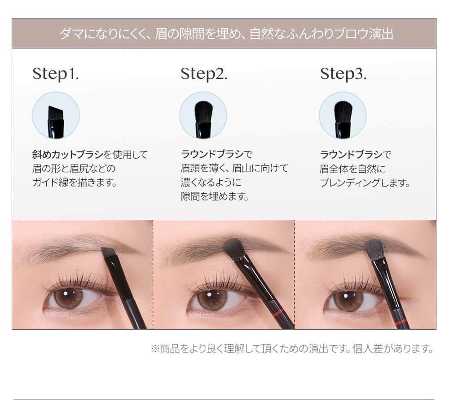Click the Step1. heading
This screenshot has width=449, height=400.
(x=56, y=74)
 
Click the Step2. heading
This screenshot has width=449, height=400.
(x=204, y=74)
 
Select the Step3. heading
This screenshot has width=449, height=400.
(x=343, y=74)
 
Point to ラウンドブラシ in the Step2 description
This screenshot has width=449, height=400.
(x=212, y=154)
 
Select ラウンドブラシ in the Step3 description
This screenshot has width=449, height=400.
(x=351, y=155)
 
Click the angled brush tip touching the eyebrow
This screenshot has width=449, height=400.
(x=109, y=252)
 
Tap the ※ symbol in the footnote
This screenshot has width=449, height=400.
(x=155, y=349)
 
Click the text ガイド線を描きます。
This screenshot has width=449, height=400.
(x=75, y=183)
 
